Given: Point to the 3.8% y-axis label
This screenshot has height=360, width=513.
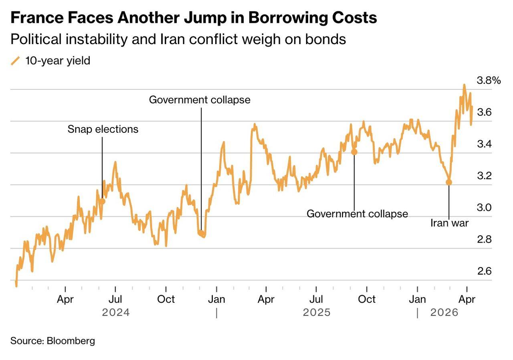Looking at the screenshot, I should tap(489, 81).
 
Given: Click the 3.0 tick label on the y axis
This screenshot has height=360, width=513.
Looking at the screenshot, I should tap(484, 208).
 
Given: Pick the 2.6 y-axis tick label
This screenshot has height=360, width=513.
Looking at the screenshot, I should tap(484, 271).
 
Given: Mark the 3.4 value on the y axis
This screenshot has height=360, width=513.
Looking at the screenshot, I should tap(484, 144).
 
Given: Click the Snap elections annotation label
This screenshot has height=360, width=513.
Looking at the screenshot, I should tap(103, 129).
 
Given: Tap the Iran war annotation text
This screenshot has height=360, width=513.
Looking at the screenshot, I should tap(449, 223).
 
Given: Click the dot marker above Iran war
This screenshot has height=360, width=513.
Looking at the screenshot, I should tap(449, 182).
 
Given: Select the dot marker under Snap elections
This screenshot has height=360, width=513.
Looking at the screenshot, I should tap(102, 201).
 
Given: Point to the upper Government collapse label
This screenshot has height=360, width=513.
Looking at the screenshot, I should tap(200, 100).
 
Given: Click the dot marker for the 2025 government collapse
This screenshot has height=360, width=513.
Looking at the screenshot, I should tap(354, 152).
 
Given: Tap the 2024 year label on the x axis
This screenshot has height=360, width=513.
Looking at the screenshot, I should tap(116, 313).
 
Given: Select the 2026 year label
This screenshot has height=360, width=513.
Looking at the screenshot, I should tap(444, 313).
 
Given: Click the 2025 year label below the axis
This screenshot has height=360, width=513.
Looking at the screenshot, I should tap(317, 313).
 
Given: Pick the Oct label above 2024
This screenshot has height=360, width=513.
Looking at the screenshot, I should tap(166, 299).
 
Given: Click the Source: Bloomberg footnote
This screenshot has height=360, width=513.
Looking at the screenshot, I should tap(53, 341).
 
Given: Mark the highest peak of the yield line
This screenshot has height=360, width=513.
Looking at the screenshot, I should tap(464, 85).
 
